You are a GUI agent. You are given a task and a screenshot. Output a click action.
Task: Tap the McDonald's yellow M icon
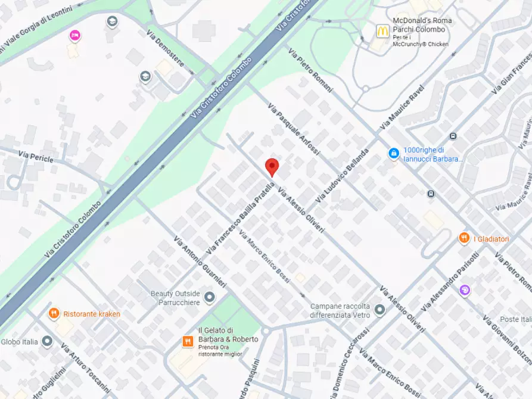coord(382,30)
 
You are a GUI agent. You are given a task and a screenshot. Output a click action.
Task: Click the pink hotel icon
coord(75,36)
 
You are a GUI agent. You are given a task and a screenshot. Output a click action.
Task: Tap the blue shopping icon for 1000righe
coord(393,154)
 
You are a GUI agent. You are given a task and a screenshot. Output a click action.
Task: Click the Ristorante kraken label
coord(92,314)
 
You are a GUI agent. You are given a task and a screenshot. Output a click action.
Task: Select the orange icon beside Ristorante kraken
coord(54,313)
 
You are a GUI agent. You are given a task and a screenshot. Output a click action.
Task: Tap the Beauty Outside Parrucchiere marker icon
coord(209,297)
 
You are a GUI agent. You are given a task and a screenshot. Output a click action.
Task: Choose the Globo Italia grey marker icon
coord(48,342)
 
